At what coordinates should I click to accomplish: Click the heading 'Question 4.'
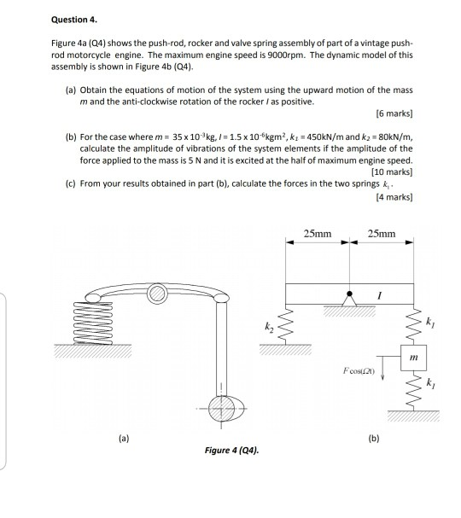(74, 20)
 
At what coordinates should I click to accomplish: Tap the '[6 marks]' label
(394, 113)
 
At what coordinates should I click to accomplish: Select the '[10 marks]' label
(392, 172)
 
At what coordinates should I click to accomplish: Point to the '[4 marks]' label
(394, 197)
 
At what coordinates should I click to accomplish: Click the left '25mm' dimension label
(318, 234)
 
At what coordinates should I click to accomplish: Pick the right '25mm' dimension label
(382, 234)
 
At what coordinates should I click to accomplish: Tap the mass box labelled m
(413, 358)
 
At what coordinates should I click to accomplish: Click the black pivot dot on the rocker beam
(349, 294)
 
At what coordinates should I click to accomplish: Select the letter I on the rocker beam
(379, 295)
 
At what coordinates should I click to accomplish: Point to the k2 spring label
(269, 327)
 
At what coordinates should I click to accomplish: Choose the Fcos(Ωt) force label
(359, 371)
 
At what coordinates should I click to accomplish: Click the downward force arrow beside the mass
(382, 368)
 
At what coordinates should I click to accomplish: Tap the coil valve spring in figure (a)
(93, 323)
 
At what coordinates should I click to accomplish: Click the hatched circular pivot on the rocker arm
(156, 294)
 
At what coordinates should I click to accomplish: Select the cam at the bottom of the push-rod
(226, 408)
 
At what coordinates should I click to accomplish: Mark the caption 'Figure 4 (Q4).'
(231, 451)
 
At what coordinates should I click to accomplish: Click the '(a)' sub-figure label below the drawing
(124, 439)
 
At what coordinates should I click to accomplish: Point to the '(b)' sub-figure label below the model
(374, 439)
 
